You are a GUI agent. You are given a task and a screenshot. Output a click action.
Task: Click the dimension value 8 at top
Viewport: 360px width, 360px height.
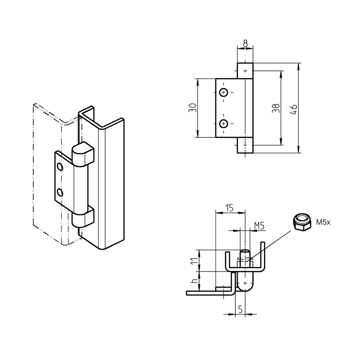(x=245, y=44)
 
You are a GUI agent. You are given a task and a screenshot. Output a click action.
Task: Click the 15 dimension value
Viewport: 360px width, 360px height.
(x=229, y=208)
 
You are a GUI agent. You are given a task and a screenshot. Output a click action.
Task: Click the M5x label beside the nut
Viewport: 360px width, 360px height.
(x=324, y=222)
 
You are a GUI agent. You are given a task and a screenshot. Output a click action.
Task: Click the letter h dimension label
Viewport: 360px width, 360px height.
(x=193, y=282)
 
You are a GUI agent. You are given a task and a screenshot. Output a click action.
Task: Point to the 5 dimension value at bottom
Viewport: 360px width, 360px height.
(x=240, y=309)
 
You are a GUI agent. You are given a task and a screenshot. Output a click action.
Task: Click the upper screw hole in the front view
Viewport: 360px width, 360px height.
(x=224, y=92)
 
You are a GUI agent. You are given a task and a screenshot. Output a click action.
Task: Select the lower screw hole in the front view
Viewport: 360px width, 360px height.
(x=224, y=123)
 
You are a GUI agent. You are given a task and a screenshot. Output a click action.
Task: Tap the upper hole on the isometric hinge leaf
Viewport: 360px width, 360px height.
(x=60, y=167)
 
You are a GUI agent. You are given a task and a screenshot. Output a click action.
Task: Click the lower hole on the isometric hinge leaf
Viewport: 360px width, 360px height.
(x=60, y=192)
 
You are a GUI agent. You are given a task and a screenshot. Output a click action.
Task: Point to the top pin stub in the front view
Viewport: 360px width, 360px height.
(x=245, y=70)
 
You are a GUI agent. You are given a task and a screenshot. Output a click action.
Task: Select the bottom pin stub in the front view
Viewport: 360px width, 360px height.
(x=245, y=146)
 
